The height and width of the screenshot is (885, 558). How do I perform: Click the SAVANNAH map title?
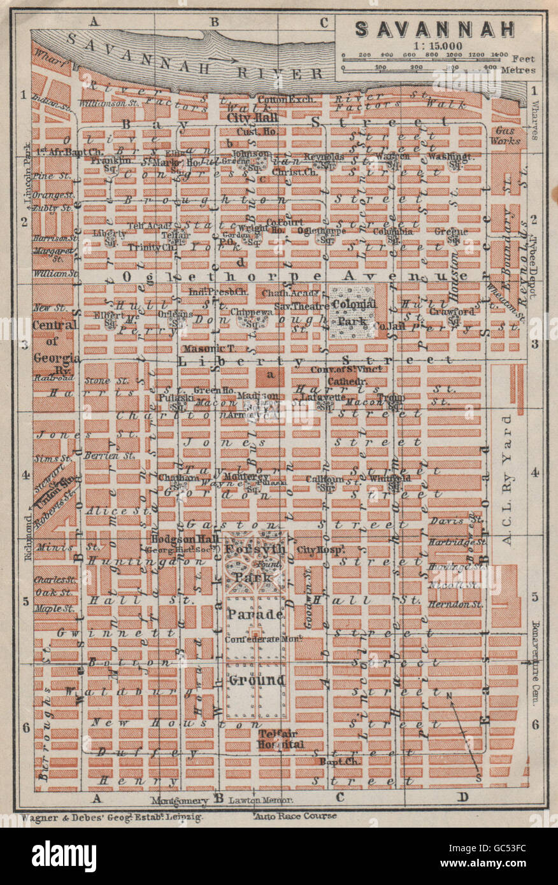click(435, 29)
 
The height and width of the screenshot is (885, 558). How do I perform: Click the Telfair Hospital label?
click(281, 739)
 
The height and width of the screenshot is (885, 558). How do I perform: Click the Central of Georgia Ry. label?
click(55, 347)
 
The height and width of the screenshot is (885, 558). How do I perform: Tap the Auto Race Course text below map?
click(295, 816)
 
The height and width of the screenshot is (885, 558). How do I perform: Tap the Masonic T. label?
click(202, 348)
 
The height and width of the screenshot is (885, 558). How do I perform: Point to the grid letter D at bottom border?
click(463, 796)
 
